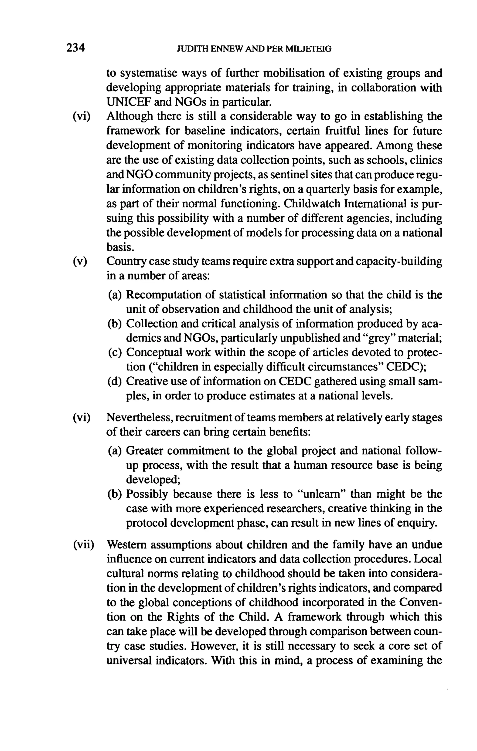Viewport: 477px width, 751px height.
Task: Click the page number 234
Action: click(x=75, y=48)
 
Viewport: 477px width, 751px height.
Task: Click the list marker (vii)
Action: click(x=83, y=545)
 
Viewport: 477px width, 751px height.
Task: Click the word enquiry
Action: click(x=419, y=523)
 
